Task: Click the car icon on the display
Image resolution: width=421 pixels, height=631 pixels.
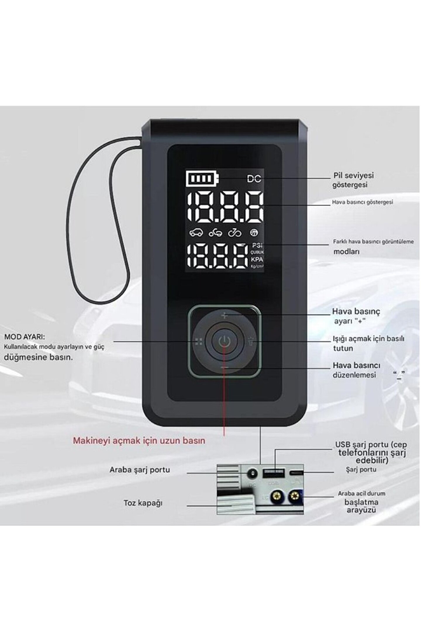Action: click(196, 233)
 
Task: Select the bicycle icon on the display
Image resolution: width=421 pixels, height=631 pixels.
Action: click(235, 233)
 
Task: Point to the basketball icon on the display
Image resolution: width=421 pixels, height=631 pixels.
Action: click(254, 233)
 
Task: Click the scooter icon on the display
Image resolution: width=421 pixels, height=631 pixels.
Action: click(215, 233)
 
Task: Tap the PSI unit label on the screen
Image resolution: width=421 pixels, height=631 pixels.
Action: click(257, 245)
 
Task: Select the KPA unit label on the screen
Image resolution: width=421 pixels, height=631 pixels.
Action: click(257, 259)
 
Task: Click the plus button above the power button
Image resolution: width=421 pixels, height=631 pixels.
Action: click(224, 315)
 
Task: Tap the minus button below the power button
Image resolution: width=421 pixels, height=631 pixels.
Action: click(224, 367)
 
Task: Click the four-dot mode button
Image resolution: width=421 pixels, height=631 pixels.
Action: click(199, 341)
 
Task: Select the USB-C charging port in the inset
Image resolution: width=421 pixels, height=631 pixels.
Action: click(296, 472)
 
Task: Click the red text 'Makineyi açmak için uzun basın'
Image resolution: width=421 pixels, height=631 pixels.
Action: click(139, 441)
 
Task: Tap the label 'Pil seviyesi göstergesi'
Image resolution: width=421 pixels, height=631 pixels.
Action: click(353, 180)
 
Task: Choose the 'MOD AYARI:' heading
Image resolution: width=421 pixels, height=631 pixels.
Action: click(25, 337)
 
